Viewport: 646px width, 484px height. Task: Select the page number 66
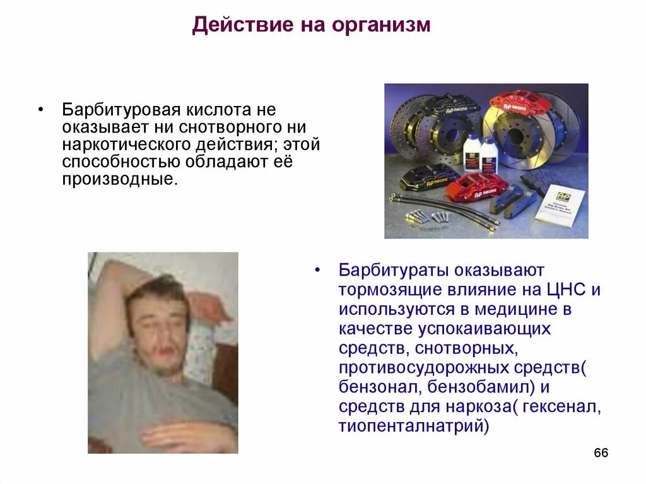[601, 454]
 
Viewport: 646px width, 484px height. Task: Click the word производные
[118, 180]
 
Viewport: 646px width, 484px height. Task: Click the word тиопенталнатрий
[413, 425]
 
